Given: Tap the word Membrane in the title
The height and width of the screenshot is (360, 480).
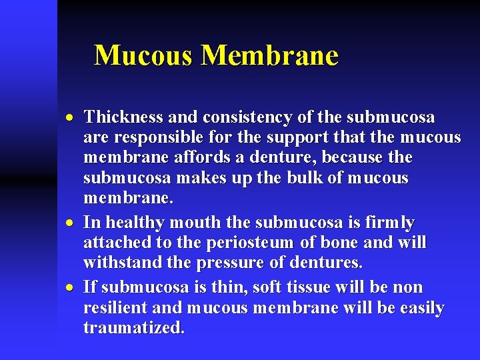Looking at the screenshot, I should tap(269, 55).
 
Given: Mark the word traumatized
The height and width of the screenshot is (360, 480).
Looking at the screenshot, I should tap(134, 328).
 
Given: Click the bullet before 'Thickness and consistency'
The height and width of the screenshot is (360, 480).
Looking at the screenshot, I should tap(71, 118).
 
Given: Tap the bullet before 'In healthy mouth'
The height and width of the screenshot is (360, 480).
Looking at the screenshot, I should tap(71, 223).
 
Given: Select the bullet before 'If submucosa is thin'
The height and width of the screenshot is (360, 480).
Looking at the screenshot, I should tap(71, 287).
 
